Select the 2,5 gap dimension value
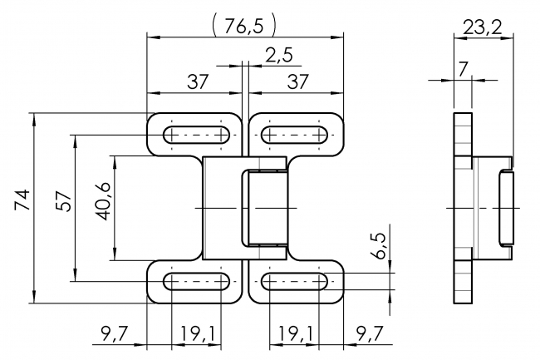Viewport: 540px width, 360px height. pyautogui.click(x=278, y=57)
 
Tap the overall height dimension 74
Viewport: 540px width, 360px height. pyautogui.click(x=22, y=200)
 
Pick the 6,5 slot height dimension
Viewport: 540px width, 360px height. pyautogui.click(x=379, y=247)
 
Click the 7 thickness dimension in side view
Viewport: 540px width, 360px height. pyautogui.click(x=462, y=69)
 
